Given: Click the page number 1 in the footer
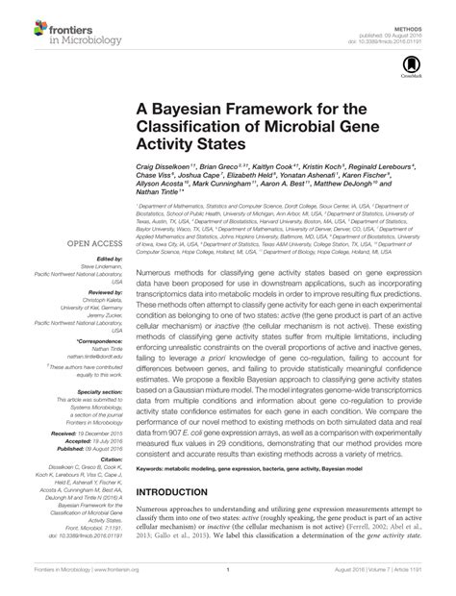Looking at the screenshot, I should click(x=228, y=582).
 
